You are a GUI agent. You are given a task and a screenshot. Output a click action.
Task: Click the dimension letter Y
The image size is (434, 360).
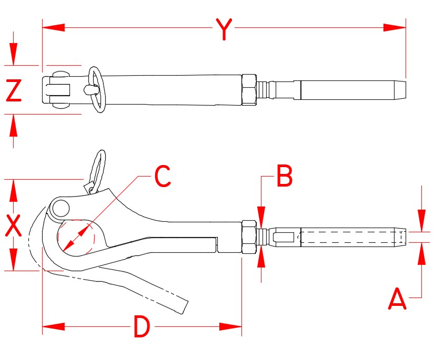[x=224, y=29]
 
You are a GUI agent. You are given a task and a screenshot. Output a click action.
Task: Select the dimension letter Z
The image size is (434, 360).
[x=14, y=90]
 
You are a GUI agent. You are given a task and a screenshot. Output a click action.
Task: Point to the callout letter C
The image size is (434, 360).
[x=163, y=177]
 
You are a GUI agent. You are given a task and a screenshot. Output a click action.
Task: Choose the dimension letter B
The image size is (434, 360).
[x=284, y=177]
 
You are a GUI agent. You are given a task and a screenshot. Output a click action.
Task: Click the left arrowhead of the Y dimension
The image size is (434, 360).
[x=53, y=27]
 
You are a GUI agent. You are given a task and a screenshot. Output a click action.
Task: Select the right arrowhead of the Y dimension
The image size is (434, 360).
[x=395, y=27]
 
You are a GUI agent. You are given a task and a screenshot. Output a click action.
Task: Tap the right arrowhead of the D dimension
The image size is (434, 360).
[x=231, y=326]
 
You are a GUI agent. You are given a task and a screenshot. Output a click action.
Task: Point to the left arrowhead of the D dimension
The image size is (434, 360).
[x=53, y=326]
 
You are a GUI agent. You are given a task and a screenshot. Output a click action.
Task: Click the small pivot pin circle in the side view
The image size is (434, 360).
[x=60, y=208]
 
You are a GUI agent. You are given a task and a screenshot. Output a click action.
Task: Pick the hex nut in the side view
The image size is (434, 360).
[x=249, y=237]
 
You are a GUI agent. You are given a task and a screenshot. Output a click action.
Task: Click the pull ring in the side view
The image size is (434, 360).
[x=98, y=168]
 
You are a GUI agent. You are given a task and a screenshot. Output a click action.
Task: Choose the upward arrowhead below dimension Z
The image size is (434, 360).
[x=14, y=125]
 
